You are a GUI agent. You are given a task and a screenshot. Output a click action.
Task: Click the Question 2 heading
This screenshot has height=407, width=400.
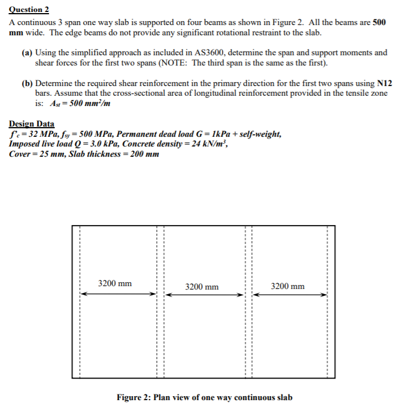pyautogui.click(x=29, y=10)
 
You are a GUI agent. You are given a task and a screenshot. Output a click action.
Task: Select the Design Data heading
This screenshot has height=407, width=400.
pyautogui.click(x=32, y=124)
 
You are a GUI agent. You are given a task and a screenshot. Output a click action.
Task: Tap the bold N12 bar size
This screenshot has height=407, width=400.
pyautogui.click(x=381, y=83)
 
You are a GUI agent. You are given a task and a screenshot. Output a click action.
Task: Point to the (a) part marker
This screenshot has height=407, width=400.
pyautogui.click(x=27, y=52)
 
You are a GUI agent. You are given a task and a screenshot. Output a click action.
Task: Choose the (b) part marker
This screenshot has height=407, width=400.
pyautogui.click(x=27, y=83)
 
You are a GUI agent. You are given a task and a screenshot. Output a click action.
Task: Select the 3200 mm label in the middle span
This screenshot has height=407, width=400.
pyautogui.click(x=201, y=287)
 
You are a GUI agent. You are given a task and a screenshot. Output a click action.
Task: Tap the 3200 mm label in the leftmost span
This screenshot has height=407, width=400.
pyautogui.click(x=115, y=283)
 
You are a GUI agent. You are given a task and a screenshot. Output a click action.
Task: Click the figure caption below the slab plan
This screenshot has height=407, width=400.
pyautogui.click(x=204, y=397)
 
